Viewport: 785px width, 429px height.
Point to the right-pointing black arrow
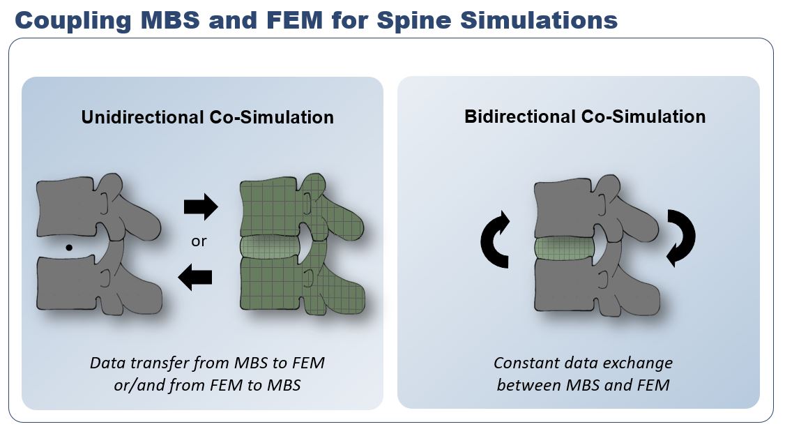click(200, 207)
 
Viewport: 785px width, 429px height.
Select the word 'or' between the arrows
click(199, 242)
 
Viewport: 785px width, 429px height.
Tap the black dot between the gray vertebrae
click(68, 247)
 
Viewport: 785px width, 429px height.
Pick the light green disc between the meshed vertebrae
click(268, 247)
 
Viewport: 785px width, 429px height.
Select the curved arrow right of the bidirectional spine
click(680, 238)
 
